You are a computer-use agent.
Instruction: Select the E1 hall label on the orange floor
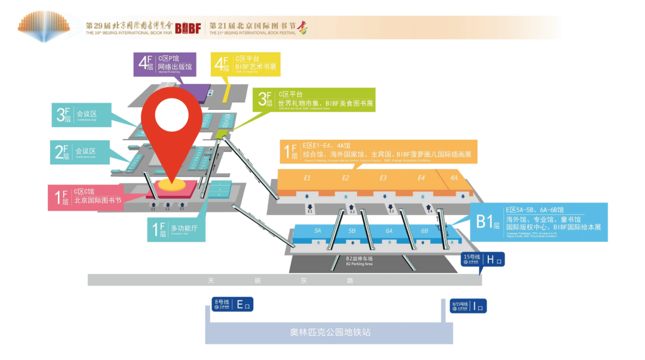pyautogui.click(x=307, y=178)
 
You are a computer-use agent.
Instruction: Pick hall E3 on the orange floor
pyautogui.click(x=383, y=178)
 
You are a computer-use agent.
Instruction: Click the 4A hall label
pyautogui.click(x=454, y=178)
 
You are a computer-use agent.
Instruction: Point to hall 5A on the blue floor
pyautogui.click(x=318, y=230)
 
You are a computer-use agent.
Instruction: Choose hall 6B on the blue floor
pyautogui.click(x=424, y=230)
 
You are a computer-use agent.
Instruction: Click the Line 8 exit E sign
pyautogui.click(x=233, y=304)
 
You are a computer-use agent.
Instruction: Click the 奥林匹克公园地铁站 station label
pyautogui.click(x=326, y=332)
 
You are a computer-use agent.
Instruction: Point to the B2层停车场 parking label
pyautogui.click(x=359, y=260)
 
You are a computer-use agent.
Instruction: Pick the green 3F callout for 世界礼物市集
pyautogui.click(x=314, y=100)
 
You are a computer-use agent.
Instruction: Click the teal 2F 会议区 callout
pyautogui.click(x=81, y=152)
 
